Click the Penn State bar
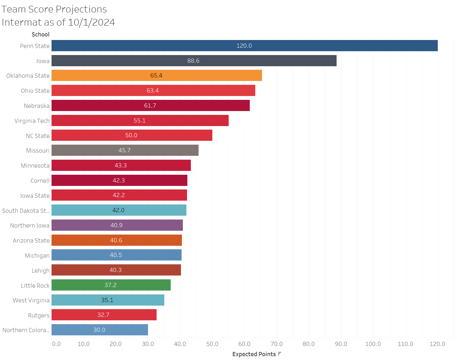(244, 46)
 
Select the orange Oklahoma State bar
(157, 76)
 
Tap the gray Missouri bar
(125, 150)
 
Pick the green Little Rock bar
(111, 285)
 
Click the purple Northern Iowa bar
(117, 225)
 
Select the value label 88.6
(193, 61)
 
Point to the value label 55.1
(139, 121)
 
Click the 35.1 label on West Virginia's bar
(107, 300)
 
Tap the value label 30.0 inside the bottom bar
(99, 330)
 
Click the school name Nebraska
(37, 106)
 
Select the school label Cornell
(40, 181)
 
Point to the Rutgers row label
(38, 316)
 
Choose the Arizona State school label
(31, 241)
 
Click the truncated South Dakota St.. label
(26, 211)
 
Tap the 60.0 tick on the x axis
(244, 344)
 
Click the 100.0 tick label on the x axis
(373, 344)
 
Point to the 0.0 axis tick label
(56, 344)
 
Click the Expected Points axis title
(254, 354)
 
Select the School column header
(40, 35)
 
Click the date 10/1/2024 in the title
(91, 22)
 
